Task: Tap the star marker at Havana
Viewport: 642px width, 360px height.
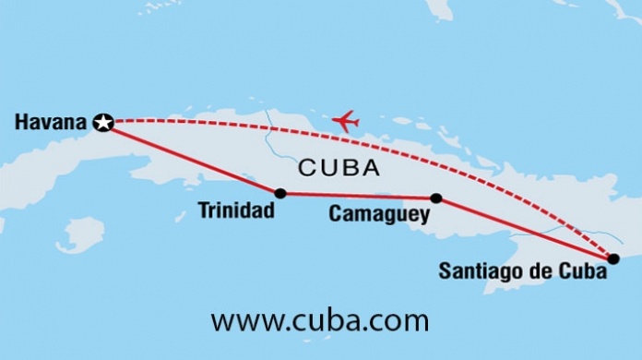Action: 104,122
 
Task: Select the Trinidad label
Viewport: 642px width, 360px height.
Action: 236,210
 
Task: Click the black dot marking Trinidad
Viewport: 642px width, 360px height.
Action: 279,193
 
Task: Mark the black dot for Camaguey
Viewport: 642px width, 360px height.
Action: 436,198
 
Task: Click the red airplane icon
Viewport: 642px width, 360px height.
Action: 345,120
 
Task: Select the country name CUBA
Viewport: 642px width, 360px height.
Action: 339,169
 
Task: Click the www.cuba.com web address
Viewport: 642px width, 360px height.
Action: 320,321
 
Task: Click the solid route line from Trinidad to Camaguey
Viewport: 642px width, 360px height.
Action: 358,196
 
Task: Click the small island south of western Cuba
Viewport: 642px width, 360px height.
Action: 80,233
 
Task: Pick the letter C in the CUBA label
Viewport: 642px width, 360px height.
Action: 308,169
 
